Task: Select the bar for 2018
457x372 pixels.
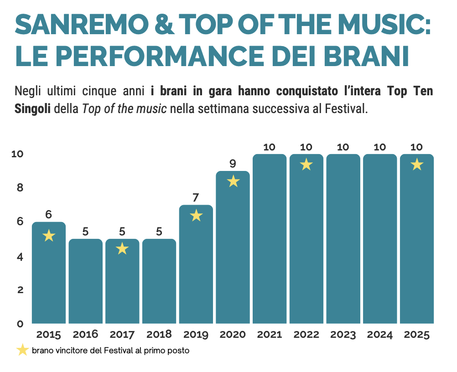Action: tap(159, 281)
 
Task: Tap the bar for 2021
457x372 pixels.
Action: tap(270, 239)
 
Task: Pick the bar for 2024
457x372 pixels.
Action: tap(380, 239)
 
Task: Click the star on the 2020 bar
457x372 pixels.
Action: tap(233, 181)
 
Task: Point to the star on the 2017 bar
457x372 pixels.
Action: tap(122, 249)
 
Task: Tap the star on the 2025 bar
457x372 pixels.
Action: tap(416, 165)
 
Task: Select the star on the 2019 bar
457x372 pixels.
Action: tap(196, 215)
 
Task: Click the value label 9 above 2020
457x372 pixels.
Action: tap(233, 163)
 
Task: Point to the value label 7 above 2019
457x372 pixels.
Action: tap(196, 198)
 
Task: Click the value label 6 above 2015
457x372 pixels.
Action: tap(49, 214)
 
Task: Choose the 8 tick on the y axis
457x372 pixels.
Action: tap(20, 187)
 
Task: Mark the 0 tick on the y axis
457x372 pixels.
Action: tap(20, 324)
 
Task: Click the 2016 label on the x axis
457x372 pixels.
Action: tap(85, 335)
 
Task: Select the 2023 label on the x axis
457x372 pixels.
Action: tap(343, 335)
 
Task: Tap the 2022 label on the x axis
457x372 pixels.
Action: tap(306, 335)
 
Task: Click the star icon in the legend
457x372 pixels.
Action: tap(22, 350)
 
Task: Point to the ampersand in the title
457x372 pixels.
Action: tap(166, 25)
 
